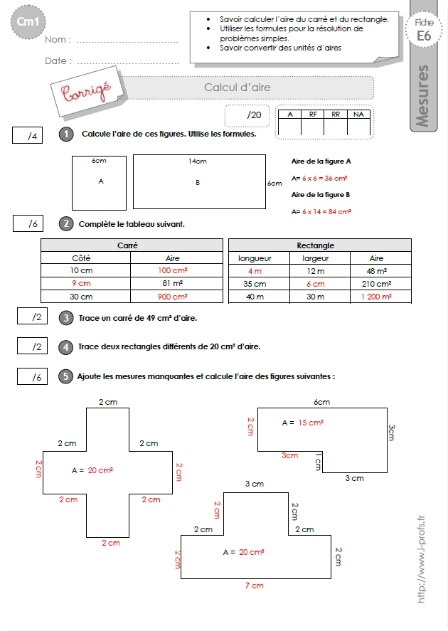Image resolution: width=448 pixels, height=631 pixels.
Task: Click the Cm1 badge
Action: point(28,22)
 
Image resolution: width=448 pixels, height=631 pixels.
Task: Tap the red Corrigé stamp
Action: point(86,92)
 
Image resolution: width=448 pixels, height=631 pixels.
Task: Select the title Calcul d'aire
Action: point(238,88)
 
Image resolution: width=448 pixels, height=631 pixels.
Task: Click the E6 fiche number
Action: point(424,36)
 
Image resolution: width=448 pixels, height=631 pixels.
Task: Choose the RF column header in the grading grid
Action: point(313,115)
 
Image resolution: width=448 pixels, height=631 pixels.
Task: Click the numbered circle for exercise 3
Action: point(66,318)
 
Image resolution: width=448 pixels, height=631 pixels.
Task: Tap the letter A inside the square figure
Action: point(101,181)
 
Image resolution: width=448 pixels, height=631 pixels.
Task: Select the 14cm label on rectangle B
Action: point(198,161)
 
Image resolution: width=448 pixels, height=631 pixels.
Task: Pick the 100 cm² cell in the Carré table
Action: point(173,270)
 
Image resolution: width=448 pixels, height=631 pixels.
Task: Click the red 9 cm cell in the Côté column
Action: point(81,283)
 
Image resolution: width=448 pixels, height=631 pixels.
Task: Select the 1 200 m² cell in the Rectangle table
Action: point(376,297)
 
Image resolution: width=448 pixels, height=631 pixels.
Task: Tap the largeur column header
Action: point(316,258)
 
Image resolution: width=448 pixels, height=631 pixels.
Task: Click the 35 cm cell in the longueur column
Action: point(255,284)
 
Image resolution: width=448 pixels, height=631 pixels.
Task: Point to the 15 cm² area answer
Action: point(311,423)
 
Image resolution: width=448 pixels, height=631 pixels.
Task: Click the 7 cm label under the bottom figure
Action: point(255,585)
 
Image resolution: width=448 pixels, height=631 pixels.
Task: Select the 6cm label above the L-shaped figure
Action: point(321,402)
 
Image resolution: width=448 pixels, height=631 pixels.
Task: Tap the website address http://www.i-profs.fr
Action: point(421,559)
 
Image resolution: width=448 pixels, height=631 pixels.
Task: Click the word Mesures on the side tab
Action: point(422,96)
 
